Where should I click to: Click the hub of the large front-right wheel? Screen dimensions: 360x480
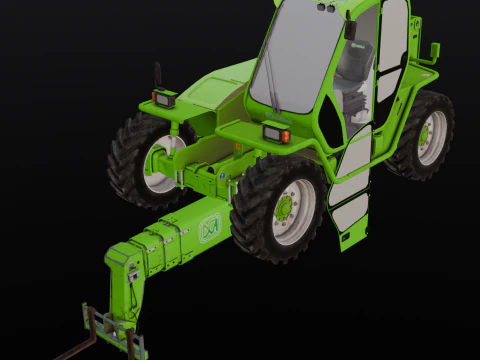pos(286,209)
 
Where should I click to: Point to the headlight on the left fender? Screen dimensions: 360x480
pos(164,99)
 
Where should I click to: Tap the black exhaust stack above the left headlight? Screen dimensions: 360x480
pos(156,76)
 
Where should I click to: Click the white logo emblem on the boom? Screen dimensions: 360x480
pos(210,229)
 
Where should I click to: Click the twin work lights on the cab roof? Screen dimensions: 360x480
pos(326,7)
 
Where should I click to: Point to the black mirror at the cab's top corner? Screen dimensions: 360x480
pos(351,30)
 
